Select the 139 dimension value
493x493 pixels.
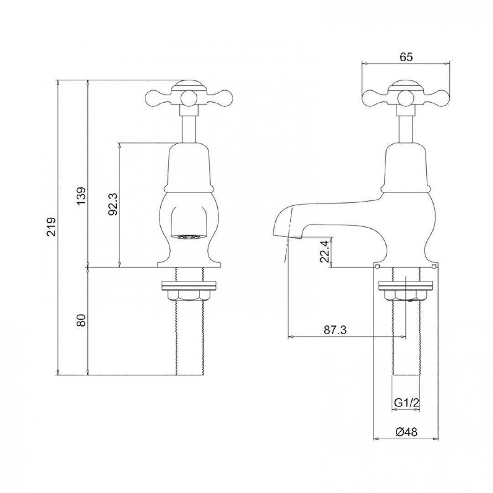(x=81, y=196)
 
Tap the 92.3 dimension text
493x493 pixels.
(x=113, y=204)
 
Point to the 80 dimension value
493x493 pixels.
(x=81, y=320)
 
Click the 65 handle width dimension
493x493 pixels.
(x=406, y=57)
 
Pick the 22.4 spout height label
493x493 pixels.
(x=324, y=252)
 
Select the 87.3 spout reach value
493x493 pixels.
(x=335, y=330)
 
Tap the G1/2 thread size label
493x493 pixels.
(x=406, y=403)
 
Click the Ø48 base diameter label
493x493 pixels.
(x=406, y=431)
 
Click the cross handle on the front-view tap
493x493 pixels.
(x=188, y=95)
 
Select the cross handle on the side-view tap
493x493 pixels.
(x=406, y=95)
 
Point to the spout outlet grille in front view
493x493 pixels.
(x=188, y=237)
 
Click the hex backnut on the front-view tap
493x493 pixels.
(x=188, y=295)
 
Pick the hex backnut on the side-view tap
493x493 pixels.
(x=406, y=295)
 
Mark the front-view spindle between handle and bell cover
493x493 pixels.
(x=188, y=128)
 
